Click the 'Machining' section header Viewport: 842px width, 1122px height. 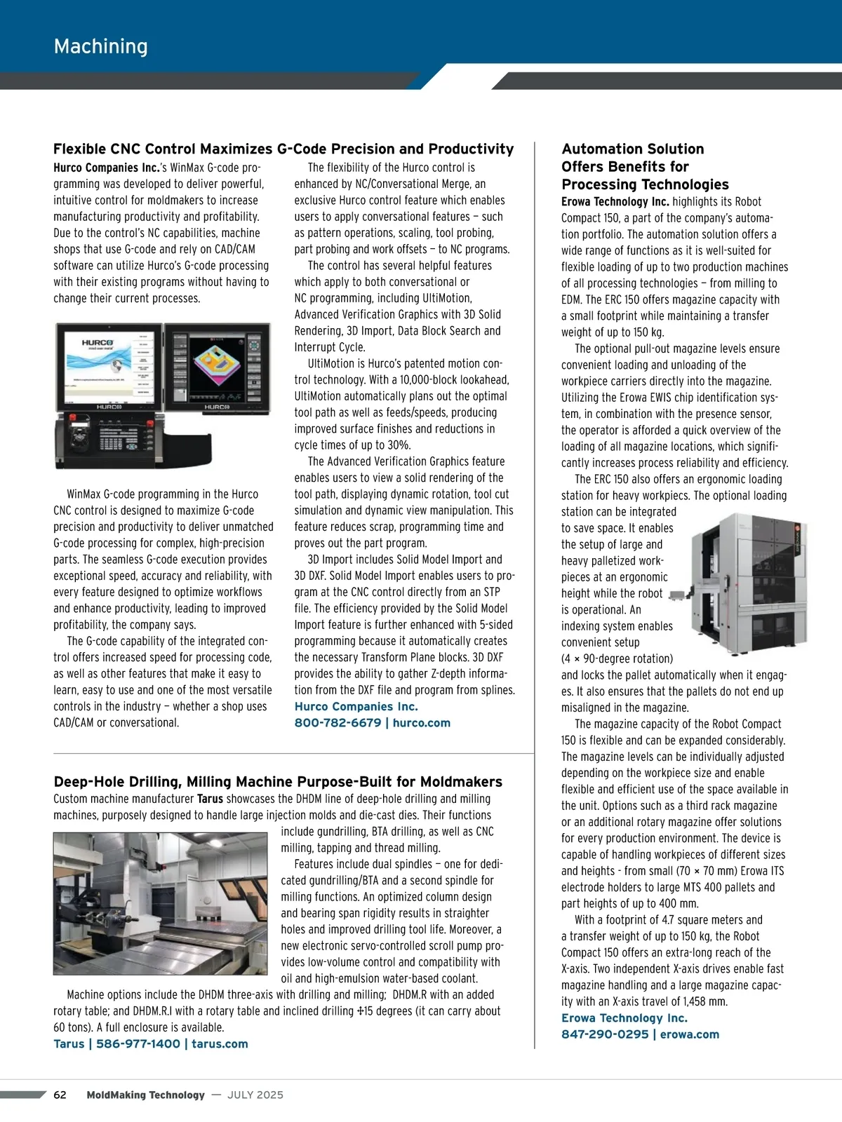click(x=101, y=46)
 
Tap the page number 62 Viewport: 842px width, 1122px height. click(x=60, y=1095)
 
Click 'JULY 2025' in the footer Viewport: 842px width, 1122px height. click(x=255, y=1095)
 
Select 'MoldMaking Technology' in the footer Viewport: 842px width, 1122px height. click(x=146, y=1095)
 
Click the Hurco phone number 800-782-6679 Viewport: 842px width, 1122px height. click(x=338, y=723)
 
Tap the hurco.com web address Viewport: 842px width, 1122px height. click(x=421, y=723)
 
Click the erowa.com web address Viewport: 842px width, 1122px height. click(x=690, y=1034)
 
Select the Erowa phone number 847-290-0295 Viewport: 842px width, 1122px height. click(x=605, y=1034)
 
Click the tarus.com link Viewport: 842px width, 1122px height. click(x=220, y=1044)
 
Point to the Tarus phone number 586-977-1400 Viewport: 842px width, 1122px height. click(x=138, y=1044)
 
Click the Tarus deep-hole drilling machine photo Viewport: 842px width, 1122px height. click(x=160, y=904)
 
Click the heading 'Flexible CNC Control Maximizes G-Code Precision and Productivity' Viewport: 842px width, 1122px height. click(x=283, y=149)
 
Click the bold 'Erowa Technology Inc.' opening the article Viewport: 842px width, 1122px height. click(x=615, y=202)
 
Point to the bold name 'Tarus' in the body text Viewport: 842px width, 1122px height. click(x=210, y=799)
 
